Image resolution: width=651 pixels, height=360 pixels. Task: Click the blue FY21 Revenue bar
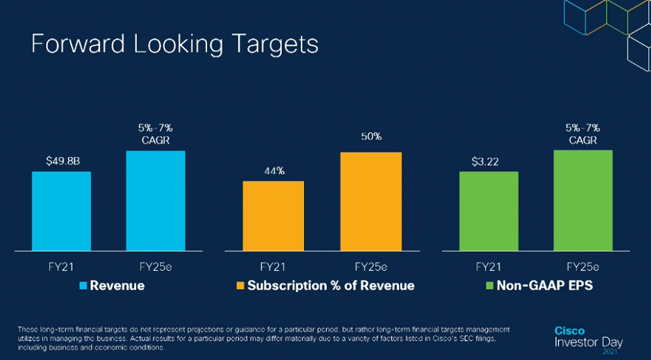61,211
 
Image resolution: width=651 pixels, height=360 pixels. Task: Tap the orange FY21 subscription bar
273,215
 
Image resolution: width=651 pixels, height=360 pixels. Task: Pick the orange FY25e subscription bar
370,201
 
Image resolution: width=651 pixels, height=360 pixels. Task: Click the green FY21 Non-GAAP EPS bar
488,211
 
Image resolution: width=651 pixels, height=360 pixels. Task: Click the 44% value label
274,171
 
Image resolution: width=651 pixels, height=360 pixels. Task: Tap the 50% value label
371,137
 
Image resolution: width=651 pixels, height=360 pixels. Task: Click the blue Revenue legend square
83,286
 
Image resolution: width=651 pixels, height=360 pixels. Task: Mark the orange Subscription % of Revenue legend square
240,286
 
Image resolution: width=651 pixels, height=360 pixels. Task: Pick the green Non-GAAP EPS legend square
490,286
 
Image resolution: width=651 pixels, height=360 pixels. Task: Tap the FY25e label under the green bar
583,267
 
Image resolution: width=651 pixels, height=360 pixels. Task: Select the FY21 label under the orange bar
273,267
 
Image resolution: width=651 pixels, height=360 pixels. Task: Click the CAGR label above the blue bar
156,140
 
